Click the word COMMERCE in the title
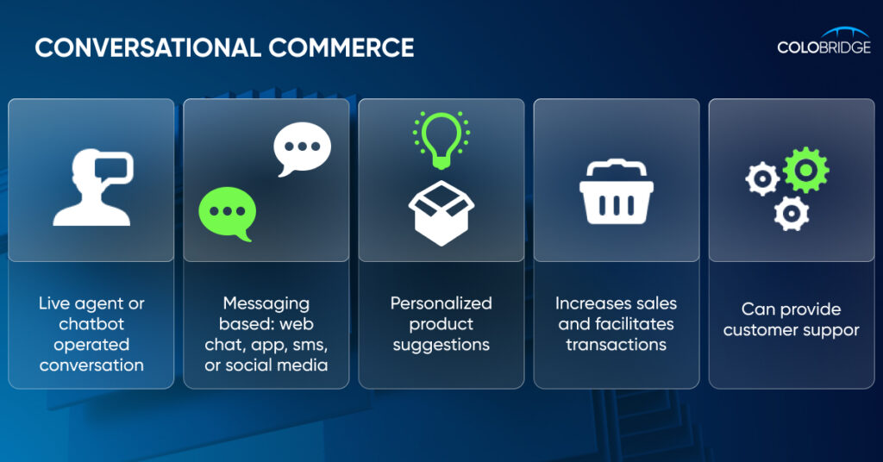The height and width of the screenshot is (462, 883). tap(341, 47)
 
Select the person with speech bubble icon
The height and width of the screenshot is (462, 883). tap(93, 187)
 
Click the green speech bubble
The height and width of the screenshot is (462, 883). tap(228, 213)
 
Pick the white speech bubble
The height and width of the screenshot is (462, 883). tap(302, 148)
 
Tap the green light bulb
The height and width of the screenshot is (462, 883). tap(441, 139)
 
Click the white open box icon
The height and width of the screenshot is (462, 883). tap(441, 213)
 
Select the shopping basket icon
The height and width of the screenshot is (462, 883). tap(617, 194)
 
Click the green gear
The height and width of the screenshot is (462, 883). tap(806, 170)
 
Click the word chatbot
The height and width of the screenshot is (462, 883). tap(91, 323)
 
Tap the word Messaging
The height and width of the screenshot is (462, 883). tap(266, 304)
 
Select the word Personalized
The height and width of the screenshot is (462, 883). tap(441, 303)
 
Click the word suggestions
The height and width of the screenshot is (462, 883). tap(441, 345)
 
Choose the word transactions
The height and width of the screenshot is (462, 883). tap(617, 345)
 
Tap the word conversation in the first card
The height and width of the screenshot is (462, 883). tap(91, 365)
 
